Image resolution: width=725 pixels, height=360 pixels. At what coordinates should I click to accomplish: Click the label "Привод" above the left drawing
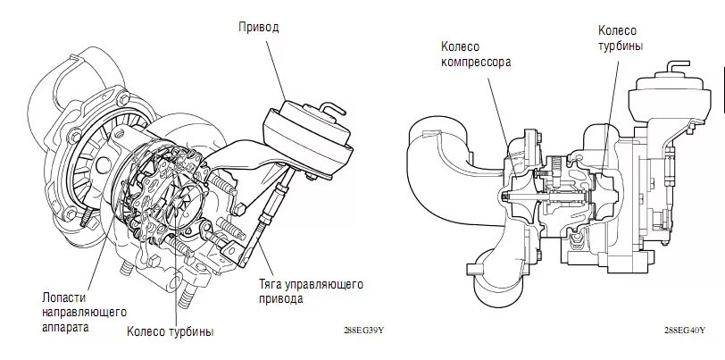pos(259,27)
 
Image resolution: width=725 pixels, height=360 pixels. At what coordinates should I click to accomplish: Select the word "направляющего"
pos(84,312)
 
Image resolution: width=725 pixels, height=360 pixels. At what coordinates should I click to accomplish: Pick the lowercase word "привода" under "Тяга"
pos(282,299)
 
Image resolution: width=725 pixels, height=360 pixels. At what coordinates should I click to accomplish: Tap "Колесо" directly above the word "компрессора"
pos(461,49)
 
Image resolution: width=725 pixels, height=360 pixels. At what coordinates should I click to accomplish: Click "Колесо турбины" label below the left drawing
pos(169,332)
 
